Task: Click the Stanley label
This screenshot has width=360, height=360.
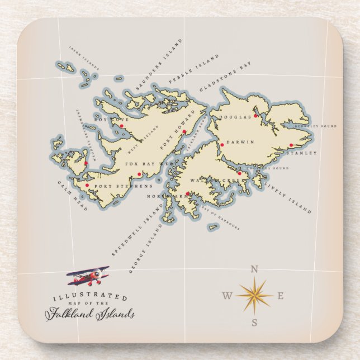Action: tap(302, 153)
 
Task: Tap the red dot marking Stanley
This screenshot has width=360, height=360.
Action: tap(291, 145)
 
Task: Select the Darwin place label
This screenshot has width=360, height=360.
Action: tap(240, 142)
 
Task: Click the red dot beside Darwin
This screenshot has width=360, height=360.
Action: tap(222, 145)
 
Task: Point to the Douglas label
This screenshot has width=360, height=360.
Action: tap(233, 117)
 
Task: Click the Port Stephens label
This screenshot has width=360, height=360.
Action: tap(115, 186)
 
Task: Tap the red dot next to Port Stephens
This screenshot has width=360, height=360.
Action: tap(87, 185)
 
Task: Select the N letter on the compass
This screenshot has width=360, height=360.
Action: tap(254, 269)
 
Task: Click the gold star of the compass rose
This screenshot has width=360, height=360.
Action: tap(254, 295)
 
